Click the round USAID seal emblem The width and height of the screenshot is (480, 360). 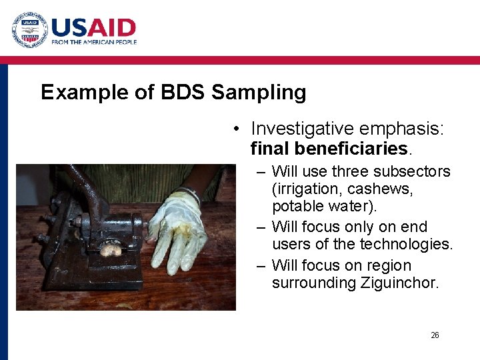point(29,30)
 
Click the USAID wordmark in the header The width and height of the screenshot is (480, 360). point(93,27)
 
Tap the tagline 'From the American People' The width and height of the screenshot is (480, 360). point(94,42)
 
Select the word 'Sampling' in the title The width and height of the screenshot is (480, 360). point(259,93)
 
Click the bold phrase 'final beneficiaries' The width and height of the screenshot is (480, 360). point(328,147)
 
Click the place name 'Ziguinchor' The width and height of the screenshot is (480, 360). point(400,283)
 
